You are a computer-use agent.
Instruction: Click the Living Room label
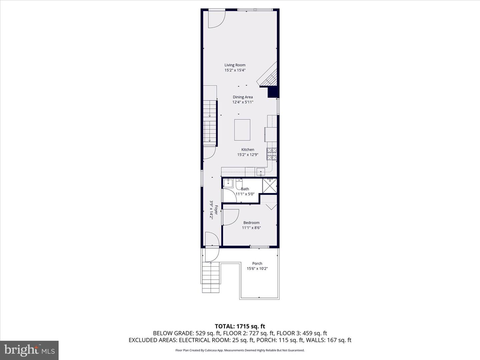(x=235, y=65)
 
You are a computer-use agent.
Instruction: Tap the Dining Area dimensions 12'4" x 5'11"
(x=243, y=102)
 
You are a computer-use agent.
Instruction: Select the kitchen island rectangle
(x=242, y=130)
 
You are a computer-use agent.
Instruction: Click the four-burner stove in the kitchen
(x=272, y=154)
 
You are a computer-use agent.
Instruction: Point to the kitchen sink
(x=261, y=172)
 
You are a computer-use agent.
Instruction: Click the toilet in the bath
(x=239, y=184)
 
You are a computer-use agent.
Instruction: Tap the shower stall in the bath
(x=269, y=186)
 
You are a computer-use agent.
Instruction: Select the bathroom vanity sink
(x=228, y=183)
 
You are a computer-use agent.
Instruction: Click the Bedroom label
(x=251, y=223)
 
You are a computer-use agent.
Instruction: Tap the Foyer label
(x=216, y=210)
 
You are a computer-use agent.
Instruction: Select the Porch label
(x=257, y=263)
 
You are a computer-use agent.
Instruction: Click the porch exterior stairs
(x=211, y=277)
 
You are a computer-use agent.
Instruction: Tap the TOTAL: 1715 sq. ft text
(x=240, y=326)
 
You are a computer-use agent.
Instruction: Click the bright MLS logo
(x=29, y=350)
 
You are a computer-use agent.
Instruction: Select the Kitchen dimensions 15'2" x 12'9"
(x=248, y=155)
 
